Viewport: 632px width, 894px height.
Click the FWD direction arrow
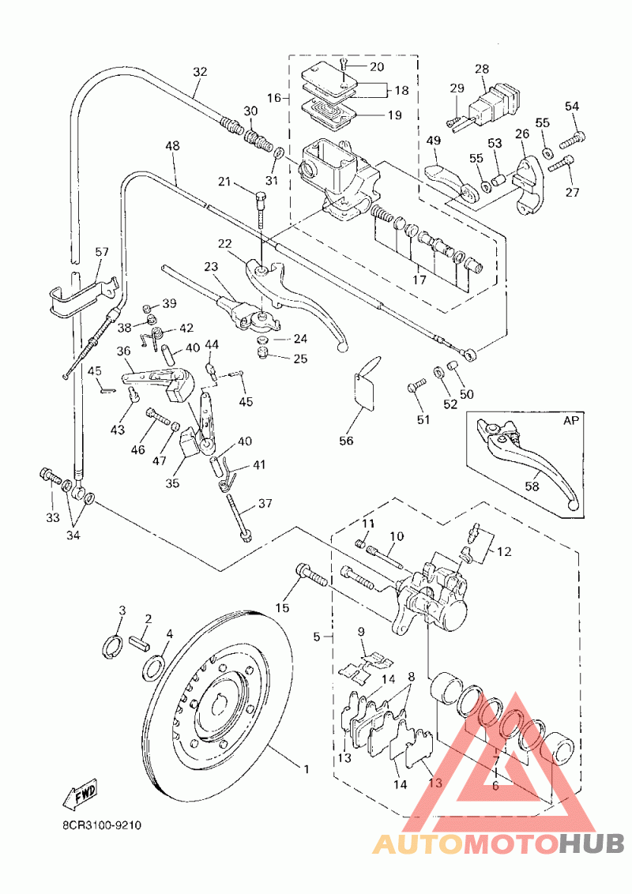(79, 794)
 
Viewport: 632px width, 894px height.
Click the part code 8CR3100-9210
(102, 825)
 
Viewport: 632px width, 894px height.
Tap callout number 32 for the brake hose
(200, 73)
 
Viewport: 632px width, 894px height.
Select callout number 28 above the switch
(482, 69)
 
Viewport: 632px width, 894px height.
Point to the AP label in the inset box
(570, 421)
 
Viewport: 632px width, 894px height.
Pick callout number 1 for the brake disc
(307, 770)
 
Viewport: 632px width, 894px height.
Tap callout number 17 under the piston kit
(419, 280)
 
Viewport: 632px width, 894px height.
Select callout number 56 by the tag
(346, 441)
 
